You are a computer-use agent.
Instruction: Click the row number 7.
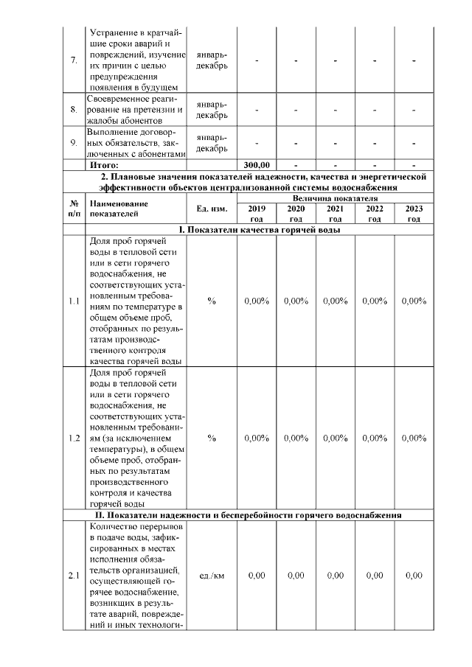point(74,60)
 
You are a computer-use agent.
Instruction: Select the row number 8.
point(74,110)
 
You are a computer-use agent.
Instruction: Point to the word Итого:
point(104,165)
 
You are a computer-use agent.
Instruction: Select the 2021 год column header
point(335,213)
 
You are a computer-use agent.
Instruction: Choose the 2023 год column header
point(414,213)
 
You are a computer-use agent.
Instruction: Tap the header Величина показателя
point(335,198)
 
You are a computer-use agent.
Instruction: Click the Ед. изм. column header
point(212,209)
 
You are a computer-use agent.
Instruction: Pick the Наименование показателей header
point(114,209)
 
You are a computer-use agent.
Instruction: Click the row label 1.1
point(74,301)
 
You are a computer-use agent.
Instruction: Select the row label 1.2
point(74,438)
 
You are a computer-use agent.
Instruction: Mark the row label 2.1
point(74,576)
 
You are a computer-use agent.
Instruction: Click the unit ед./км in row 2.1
point(212,576)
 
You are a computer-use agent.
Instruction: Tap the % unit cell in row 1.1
point(212,301)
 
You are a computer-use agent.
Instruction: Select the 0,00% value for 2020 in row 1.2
point(296,438)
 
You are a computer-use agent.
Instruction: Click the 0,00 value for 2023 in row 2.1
point(414,576)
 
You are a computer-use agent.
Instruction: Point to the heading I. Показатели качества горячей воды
point(256,230)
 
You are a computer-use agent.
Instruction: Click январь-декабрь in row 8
point(212,110)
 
